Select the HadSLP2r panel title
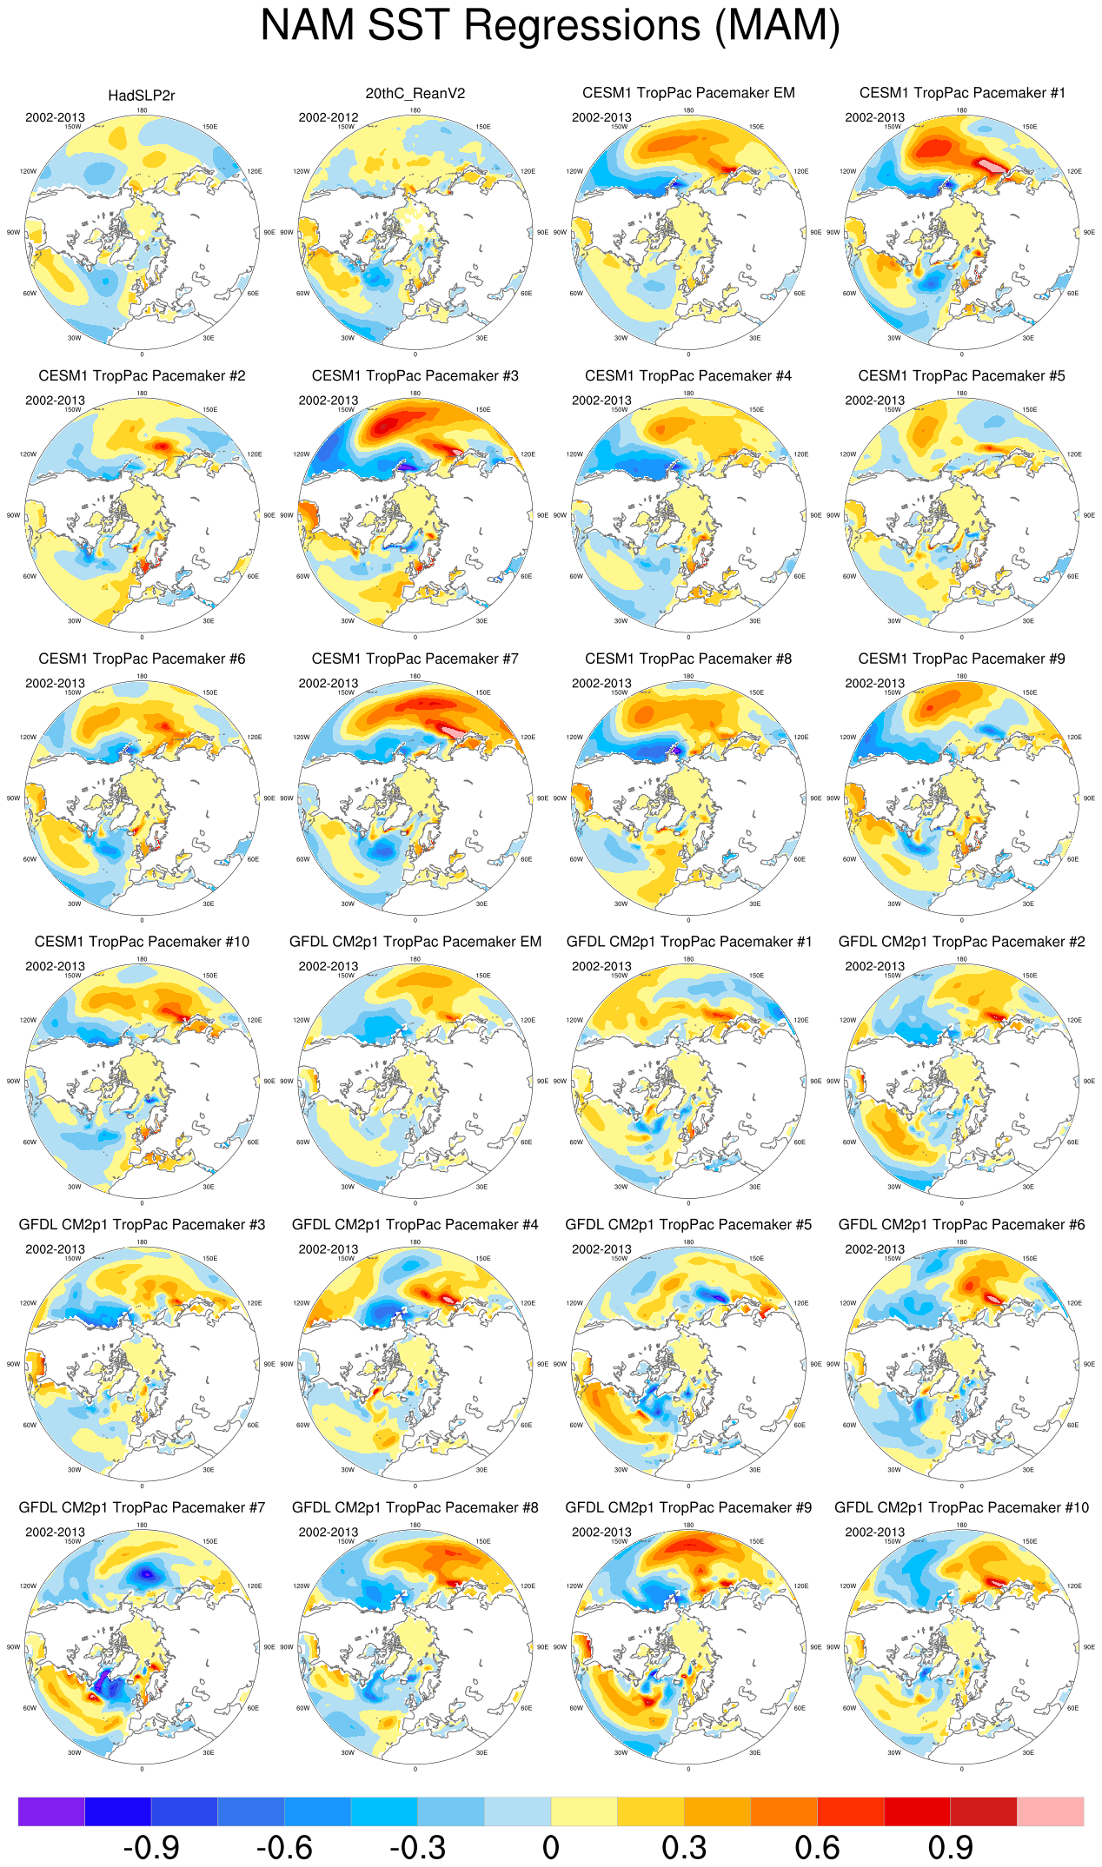pos(142,96)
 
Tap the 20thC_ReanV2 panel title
pos(415,93)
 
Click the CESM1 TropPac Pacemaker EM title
pos(688,93)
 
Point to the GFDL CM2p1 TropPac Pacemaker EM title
pos(415,942)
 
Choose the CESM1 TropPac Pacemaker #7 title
pos(415,659)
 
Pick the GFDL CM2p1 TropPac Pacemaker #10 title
pos(961,1507)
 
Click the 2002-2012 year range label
pos(328,117)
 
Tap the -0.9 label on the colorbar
pos(151,1846)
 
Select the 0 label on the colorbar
pos(550,1846)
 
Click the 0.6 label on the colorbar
pos(817,1846)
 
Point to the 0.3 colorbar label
pos(684,1846)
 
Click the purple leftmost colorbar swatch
pos(51,1811)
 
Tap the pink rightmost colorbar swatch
pos(1050,1811)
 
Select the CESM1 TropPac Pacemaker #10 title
pos(142,942)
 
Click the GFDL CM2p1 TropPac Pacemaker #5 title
pos(688,1224)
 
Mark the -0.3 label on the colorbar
pos(418,1846)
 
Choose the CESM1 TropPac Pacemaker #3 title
pos(415,375)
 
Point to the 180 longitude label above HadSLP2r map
pos(142,110)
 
